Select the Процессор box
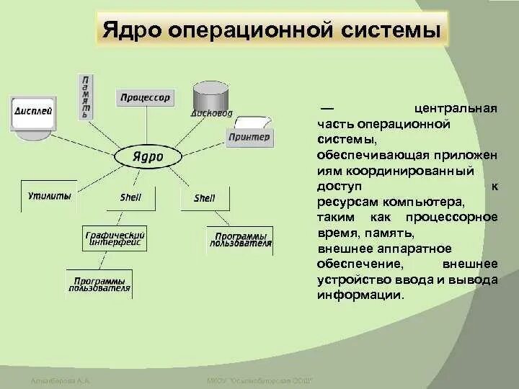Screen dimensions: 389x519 [x=145, y=97]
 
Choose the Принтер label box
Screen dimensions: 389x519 [x=249, y=137]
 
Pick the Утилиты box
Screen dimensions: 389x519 [x=50, y=196]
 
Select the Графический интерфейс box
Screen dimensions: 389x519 [x=115, y=238]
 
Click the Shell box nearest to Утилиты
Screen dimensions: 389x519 [x=130, y=197]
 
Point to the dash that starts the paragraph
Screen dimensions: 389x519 [x=325, y=109]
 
